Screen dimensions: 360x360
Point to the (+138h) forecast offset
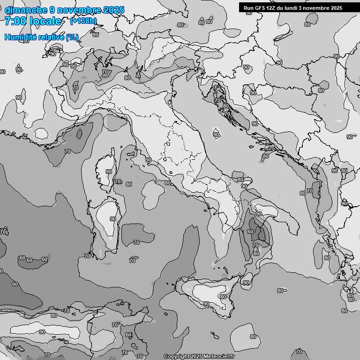(83, 21)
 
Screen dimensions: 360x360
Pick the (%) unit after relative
(72, 37)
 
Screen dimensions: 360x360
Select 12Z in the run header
(271, 8)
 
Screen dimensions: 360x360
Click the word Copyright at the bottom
(176, 356)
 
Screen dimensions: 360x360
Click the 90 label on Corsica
(109, 172)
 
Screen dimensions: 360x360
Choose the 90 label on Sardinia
(112, 219)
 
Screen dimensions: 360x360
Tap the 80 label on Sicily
(223, 297)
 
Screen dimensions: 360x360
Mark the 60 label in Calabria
(250, 232)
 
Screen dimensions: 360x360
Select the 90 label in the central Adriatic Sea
(216, 135)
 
